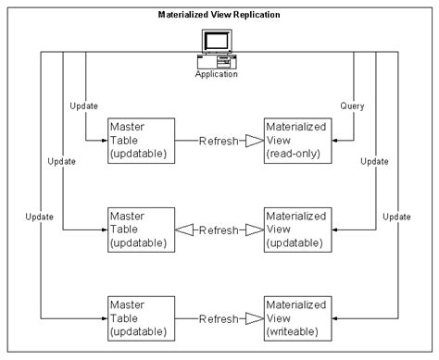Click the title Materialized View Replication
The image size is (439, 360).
[x=220, y=17]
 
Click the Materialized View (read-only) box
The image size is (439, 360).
[x=295, y=141]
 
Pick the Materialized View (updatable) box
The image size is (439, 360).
[x=295, y=230]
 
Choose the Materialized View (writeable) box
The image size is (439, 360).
[x=295, y=317]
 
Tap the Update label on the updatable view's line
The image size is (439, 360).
[x=374, y=161]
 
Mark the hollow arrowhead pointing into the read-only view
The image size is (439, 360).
[x=250, y=142]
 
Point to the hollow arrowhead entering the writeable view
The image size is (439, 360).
[x=250, y=318]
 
